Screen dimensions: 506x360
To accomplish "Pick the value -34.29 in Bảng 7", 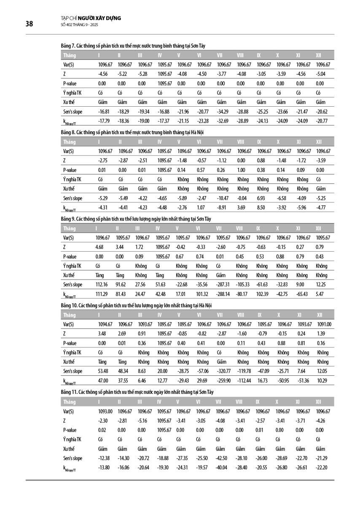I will tap(224, 112).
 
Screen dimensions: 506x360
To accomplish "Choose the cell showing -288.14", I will tap(224, 294).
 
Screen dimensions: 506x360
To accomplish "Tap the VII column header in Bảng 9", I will tap(218, 229).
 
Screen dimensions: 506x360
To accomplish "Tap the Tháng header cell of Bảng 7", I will tap(69, 55).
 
